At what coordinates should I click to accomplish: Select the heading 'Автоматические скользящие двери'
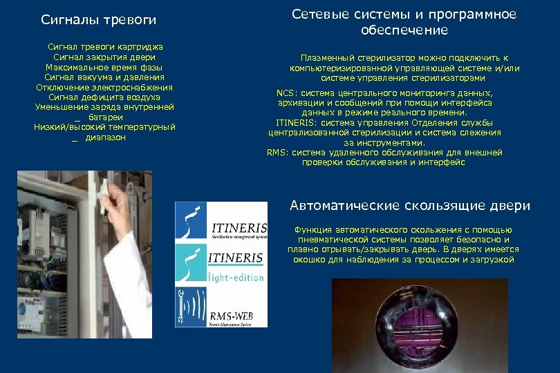click(410, 206)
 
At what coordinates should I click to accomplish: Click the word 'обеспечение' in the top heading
click(404, 30)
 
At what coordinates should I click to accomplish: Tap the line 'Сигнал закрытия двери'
click(104, 57)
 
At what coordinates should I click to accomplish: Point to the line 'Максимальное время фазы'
click(104, 68)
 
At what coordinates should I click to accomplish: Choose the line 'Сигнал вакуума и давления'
click(104, 78)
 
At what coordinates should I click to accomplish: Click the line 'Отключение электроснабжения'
click(104, 88)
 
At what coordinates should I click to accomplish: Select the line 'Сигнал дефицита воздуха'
click(104, 98)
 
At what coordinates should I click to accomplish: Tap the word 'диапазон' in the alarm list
click(106, 137)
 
